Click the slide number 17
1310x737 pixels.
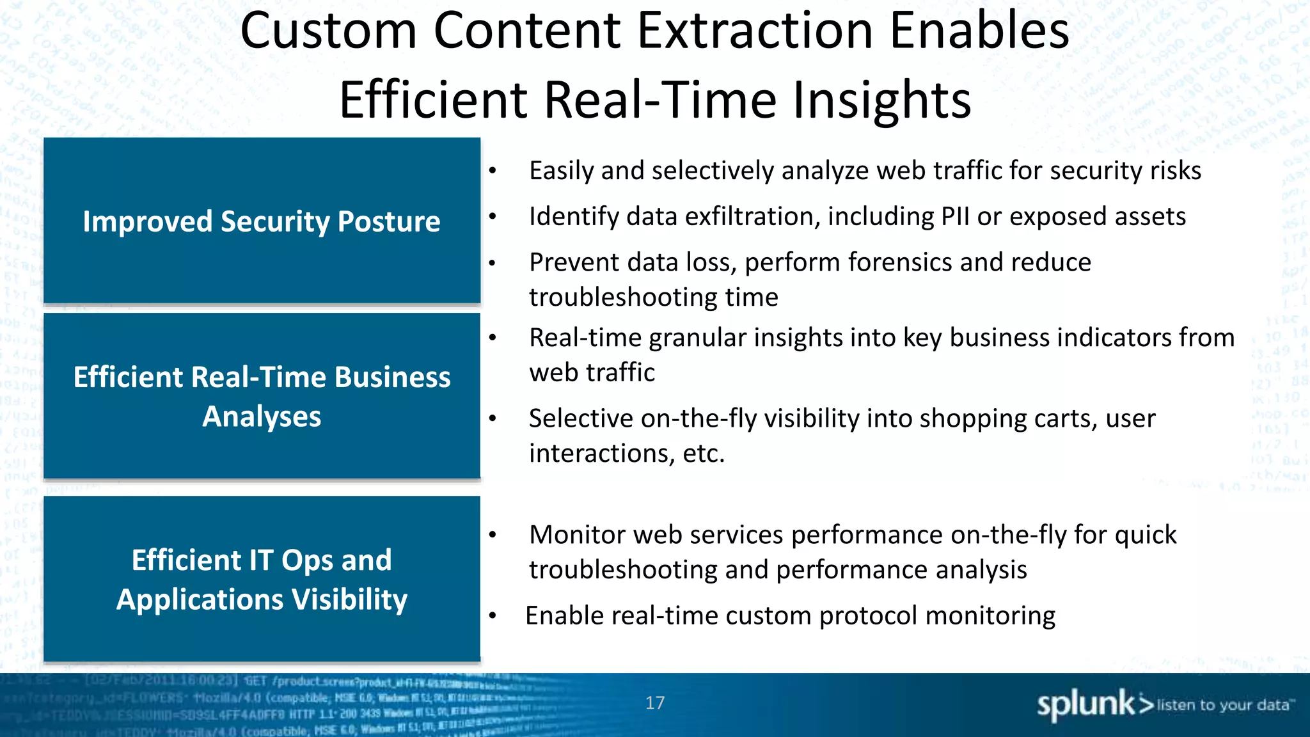tap(654, 703)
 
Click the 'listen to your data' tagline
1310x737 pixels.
tap(1223, 705)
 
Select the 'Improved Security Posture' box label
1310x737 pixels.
tap(262, 221)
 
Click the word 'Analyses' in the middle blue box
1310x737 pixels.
tap(262, 416)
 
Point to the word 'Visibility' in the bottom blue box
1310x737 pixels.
tap(349, 600)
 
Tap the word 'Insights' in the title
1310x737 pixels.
tap(882, 100)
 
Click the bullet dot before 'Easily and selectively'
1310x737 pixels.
tap(493, 171)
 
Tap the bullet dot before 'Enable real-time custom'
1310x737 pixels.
tap(493, 616)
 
